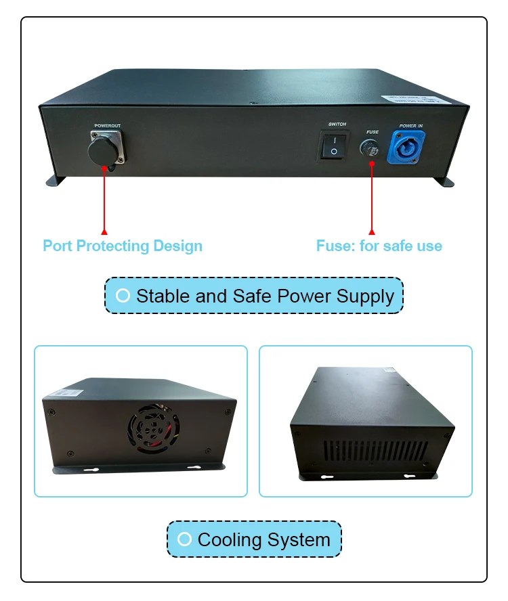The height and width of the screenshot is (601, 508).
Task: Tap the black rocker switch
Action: (333, 145)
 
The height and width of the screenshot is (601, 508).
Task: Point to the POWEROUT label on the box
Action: (108, 126)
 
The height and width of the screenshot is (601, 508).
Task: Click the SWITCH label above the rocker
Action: (337, 125)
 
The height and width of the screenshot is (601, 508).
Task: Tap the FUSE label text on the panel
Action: (373, 132)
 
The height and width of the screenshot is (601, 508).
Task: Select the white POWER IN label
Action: (410, 126)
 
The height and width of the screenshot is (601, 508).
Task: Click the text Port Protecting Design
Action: (123, 246)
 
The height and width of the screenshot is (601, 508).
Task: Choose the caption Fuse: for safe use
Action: (379, 246)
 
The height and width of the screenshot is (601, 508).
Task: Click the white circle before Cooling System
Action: (184, 539)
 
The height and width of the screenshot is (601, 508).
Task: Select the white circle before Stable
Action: (123, 296)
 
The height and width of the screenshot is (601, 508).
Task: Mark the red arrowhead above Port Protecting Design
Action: (104, 231)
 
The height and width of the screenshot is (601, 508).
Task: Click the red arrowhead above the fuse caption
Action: (371, 231)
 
